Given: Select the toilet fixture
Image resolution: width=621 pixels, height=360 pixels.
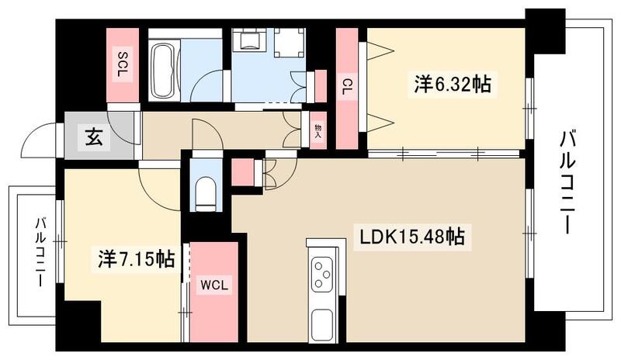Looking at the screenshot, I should (206, 195).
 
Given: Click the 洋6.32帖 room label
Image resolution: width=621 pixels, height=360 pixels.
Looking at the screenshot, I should (452, 84).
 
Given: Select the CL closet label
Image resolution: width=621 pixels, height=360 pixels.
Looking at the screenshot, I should (346, 86).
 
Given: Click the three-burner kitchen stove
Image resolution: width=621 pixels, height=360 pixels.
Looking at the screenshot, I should (321, 274).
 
